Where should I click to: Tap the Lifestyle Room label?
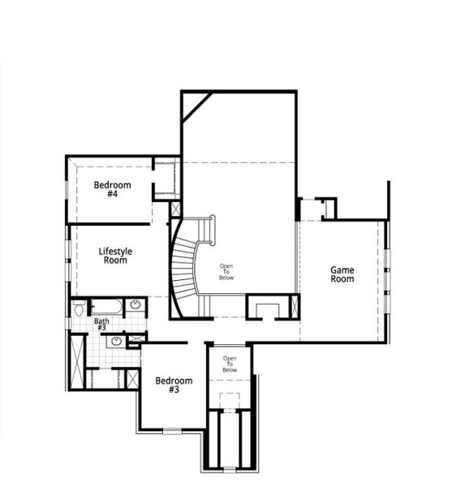tap(115, 256)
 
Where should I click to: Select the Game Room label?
tap(342, 274)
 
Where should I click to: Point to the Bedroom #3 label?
tap(174, 385)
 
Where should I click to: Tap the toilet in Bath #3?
tap(79, 308)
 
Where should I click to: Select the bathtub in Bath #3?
tap(105, 307)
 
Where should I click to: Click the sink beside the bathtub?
tap(135, 307)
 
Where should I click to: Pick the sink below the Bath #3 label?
tap(116, 341)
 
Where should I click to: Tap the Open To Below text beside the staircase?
tap(226, 272)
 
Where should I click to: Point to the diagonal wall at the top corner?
tap(196, 107)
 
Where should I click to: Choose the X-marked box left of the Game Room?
tap(294, 307)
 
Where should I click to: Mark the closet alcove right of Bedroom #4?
tap(166, 179)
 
